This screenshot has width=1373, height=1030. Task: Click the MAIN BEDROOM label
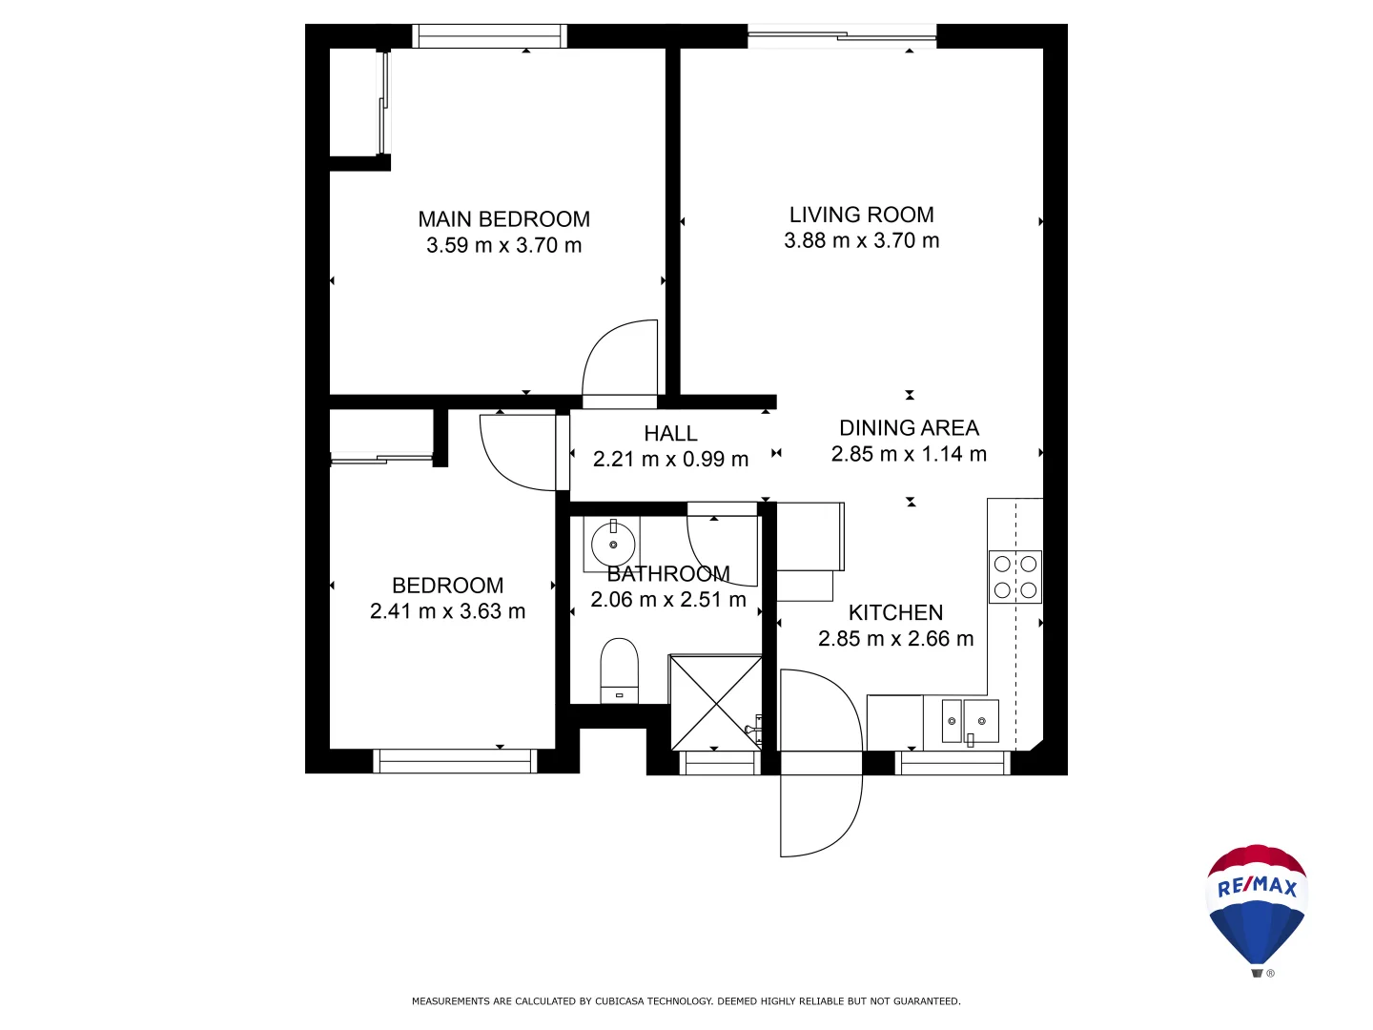point(503,219)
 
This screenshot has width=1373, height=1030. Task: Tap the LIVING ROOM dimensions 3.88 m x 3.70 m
point(861,241)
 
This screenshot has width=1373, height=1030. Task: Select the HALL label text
point(670,434)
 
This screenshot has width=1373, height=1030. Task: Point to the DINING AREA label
point(909,428)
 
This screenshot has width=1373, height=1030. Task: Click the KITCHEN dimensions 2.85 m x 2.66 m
point(895,639)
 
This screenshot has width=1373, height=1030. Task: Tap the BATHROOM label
point(668,574)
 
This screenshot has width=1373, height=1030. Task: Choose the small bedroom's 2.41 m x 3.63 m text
point(447,611)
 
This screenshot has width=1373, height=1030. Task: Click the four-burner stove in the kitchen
point(1014,577)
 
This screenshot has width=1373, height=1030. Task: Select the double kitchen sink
point(970,721)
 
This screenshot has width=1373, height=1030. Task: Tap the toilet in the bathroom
point(619,670)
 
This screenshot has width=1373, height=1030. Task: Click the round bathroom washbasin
point(613,545)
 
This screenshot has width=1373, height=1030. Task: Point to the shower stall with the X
point(715,702)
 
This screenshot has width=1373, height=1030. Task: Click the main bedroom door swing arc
point(620,358)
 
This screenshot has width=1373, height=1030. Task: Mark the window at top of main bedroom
point(489,36)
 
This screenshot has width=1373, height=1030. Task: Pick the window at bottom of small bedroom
point(455,761)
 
